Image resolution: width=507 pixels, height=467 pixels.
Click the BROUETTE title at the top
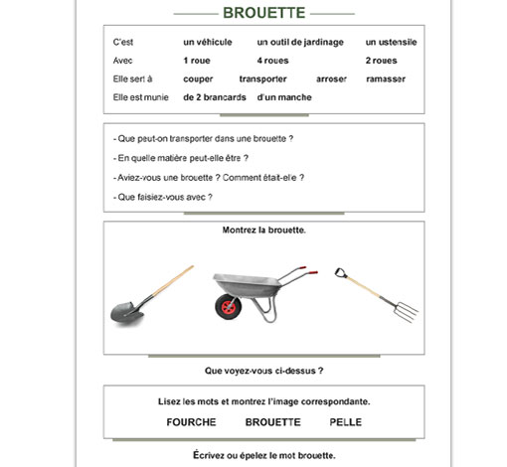click(x=264, y=14)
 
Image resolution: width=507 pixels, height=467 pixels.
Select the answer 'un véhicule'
click(x=207, y=43)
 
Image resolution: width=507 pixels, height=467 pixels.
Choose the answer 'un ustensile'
click(x=391, y=43)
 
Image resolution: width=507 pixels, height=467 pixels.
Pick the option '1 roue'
click(x=197, y=61)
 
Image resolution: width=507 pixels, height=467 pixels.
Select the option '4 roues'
click(x=272, y=61)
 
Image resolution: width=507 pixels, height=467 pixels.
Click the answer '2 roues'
click(x=382, y=61)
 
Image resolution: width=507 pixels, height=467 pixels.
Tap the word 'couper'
click(x=199, y=78)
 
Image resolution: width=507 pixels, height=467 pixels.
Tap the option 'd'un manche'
click(x=283, y=97)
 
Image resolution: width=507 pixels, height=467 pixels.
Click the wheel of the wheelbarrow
click(x=228, y=306)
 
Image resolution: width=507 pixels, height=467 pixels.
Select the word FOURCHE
click(x=192, y=422)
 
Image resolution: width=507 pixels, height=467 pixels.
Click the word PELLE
click(x=346, y=422)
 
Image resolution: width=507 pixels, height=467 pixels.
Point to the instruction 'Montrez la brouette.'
click(x=263, y=231)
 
